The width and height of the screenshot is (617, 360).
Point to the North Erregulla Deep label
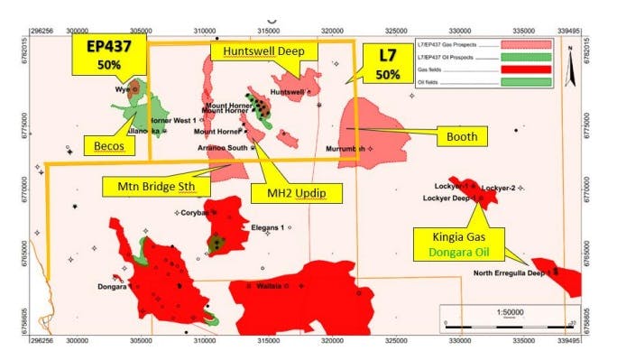[511, 273]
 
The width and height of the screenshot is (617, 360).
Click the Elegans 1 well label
[268, 227]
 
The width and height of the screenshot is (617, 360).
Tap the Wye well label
[123, 90]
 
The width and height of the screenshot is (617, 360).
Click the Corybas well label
[193, 213]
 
